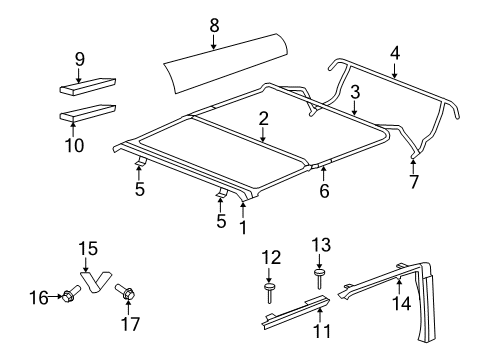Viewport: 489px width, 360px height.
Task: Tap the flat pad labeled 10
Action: (88, 109)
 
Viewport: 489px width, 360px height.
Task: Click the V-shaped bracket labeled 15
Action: (93, 282)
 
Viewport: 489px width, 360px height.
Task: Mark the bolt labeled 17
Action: (127, 293)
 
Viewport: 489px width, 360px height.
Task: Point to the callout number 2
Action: (262, 118)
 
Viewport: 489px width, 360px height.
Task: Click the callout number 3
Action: (354, 92)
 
